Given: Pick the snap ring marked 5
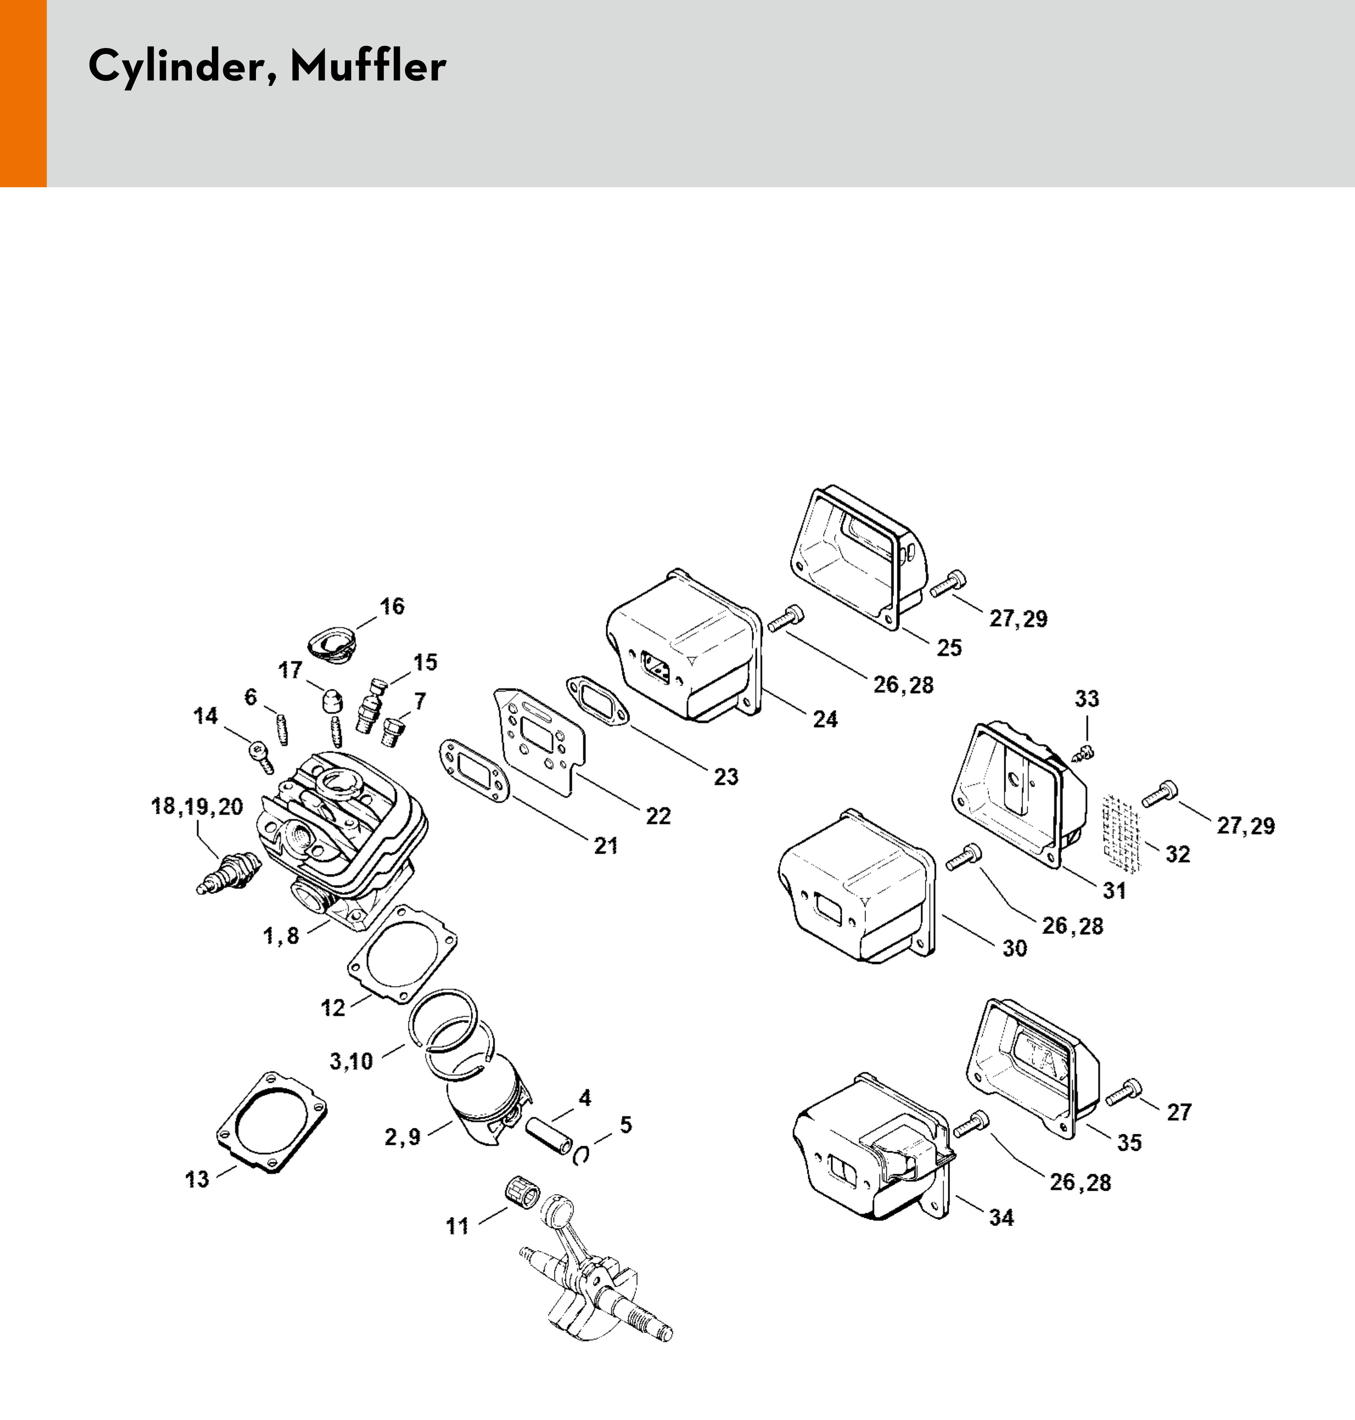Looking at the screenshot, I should pos(580,1155).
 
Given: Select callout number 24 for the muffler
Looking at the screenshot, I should pos(825,719).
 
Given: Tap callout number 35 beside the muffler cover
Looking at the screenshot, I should pos(1129,1143).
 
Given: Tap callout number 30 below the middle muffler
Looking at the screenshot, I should pos(1014,948).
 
